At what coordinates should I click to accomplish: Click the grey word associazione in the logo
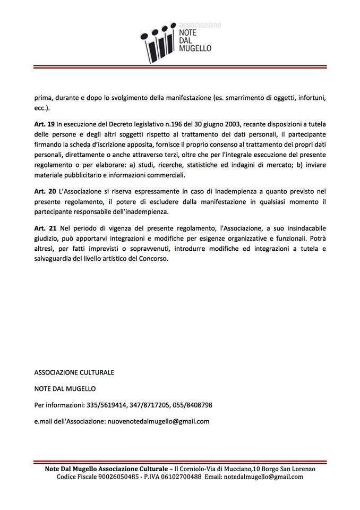[200, 24]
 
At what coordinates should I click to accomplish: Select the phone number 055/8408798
[192, 405]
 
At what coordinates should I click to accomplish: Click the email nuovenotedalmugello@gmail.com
[158, 421]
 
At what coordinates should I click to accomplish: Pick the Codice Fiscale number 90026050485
[116, 477]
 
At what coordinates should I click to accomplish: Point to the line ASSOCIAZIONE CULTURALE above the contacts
[74, 372]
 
